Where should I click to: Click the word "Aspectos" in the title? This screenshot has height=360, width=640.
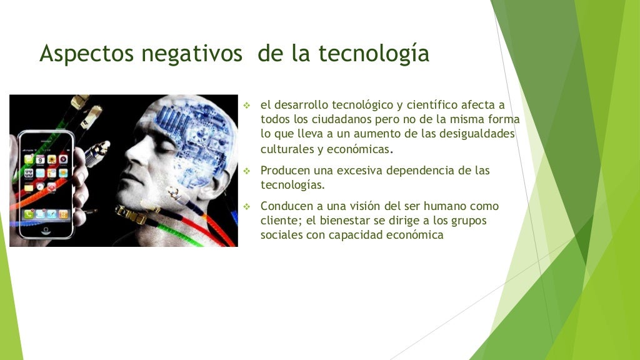tap(87, 54)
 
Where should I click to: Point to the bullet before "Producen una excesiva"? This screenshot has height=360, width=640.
tap(247, 171)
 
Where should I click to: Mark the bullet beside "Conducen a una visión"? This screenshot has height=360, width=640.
tap(247, 206)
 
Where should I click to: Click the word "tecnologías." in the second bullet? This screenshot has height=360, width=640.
tap(292, 185)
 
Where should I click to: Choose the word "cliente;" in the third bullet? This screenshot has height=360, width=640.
tap(281, 221)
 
